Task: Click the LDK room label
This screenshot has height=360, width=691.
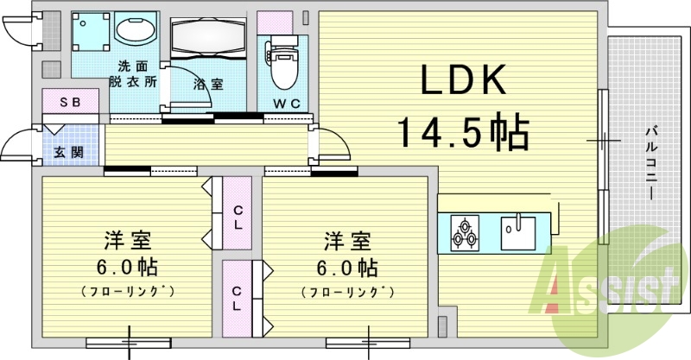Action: (462, 81)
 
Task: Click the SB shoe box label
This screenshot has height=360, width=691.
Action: (70, 102)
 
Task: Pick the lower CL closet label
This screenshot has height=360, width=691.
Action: (236, 298)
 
